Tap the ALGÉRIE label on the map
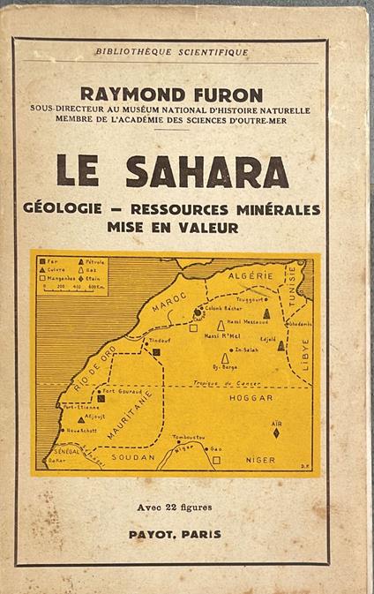[256, 276]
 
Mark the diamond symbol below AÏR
[276, 432]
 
